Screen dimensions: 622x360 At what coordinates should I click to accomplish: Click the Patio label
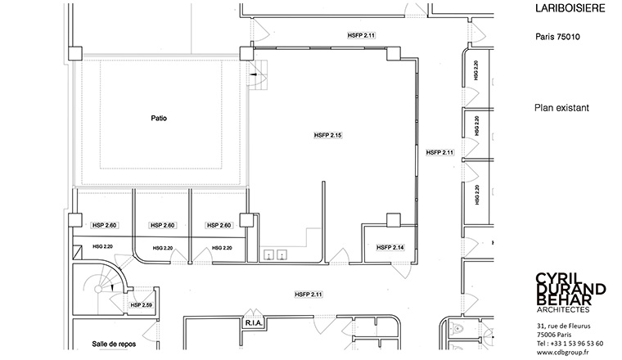[x=159, y=118]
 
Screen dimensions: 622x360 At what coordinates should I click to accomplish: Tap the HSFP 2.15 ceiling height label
[x=327, y=135]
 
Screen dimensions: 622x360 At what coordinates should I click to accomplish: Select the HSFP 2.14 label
[x=390, y=247]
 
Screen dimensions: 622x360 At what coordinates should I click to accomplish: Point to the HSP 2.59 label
[x=142, y=305]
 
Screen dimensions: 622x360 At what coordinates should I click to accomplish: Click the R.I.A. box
[x=254, y=323]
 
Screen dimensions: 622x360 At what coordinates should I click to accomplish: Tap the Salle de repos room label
[x=114, y=344]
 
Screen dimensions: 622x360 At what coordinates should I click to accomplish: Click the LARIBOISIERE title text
[x=570, y=8]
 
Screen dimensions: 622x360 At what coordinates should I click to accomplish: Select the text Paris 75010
[x=557, y=37]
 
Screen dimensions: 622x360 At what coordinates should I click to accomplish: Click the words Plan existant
[x=561, y=108]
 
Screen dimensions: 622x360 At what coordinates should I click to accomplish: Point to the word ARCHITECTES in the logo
[x=563, y=309]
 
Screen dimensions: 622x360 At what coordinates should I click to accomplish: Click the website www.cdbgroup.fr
[x=562, y=352]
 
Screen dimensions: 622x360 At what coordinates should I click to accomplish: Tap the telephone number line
[x=570, y=344]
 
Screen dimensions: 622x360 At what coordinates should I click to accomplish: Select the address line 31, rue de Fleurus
[x=563, y=326]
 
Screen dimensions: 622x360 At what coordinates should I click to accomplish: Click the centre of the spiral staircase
[x=98, y=289]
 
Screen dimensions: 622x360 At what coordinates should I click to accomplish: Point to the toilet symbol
[x=457, y=328]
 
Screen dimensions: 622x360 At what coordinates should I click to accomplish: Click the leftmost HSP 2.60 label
[x=104, y=225]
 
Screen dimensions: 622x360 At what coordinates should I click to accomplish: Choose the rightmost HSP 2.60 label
[x=219, y=225]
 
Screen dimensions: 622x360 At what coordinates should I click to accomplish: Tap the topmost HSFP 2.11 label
[x=361, y=35]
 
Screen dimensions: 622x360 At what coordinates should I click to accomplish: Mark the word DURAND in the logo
[x=570, y=289]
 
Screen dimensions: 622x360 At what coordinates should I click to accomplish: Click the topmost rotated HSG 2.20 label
[x=476, y=70]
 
